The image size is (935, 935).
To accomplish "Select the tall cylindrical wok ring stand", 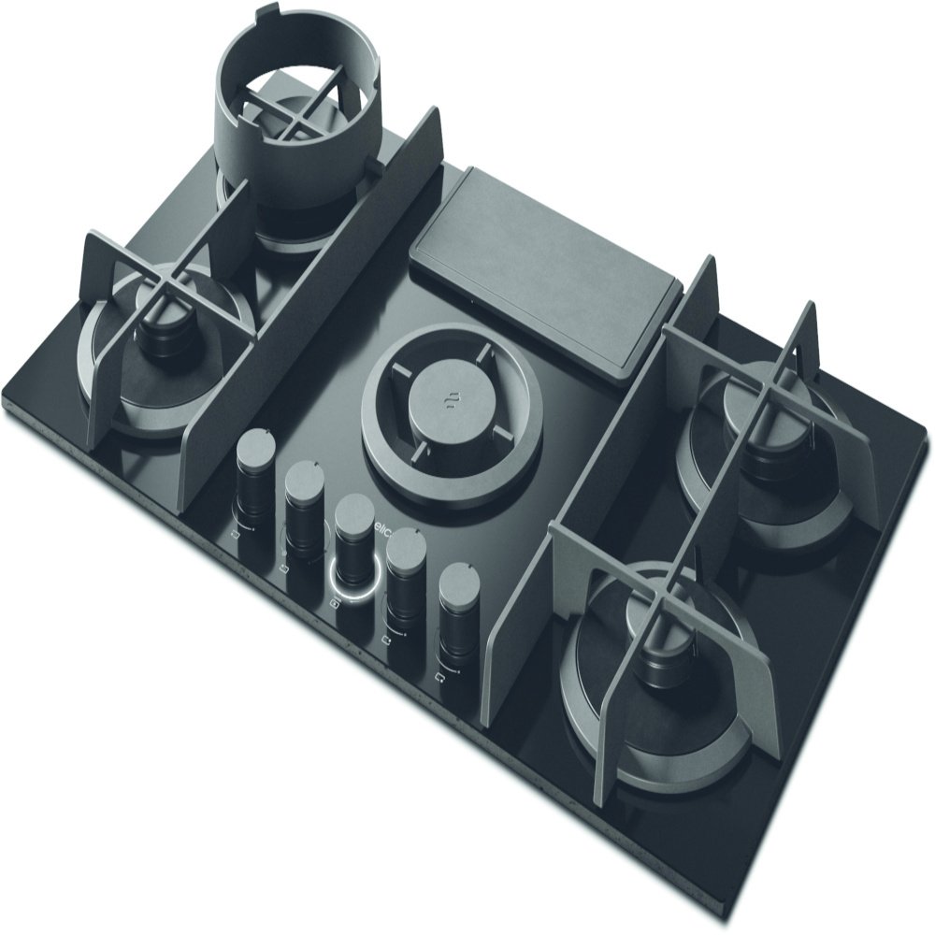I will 299,122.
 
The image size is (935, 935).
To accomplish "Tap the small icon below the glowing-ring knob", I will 335,606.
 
